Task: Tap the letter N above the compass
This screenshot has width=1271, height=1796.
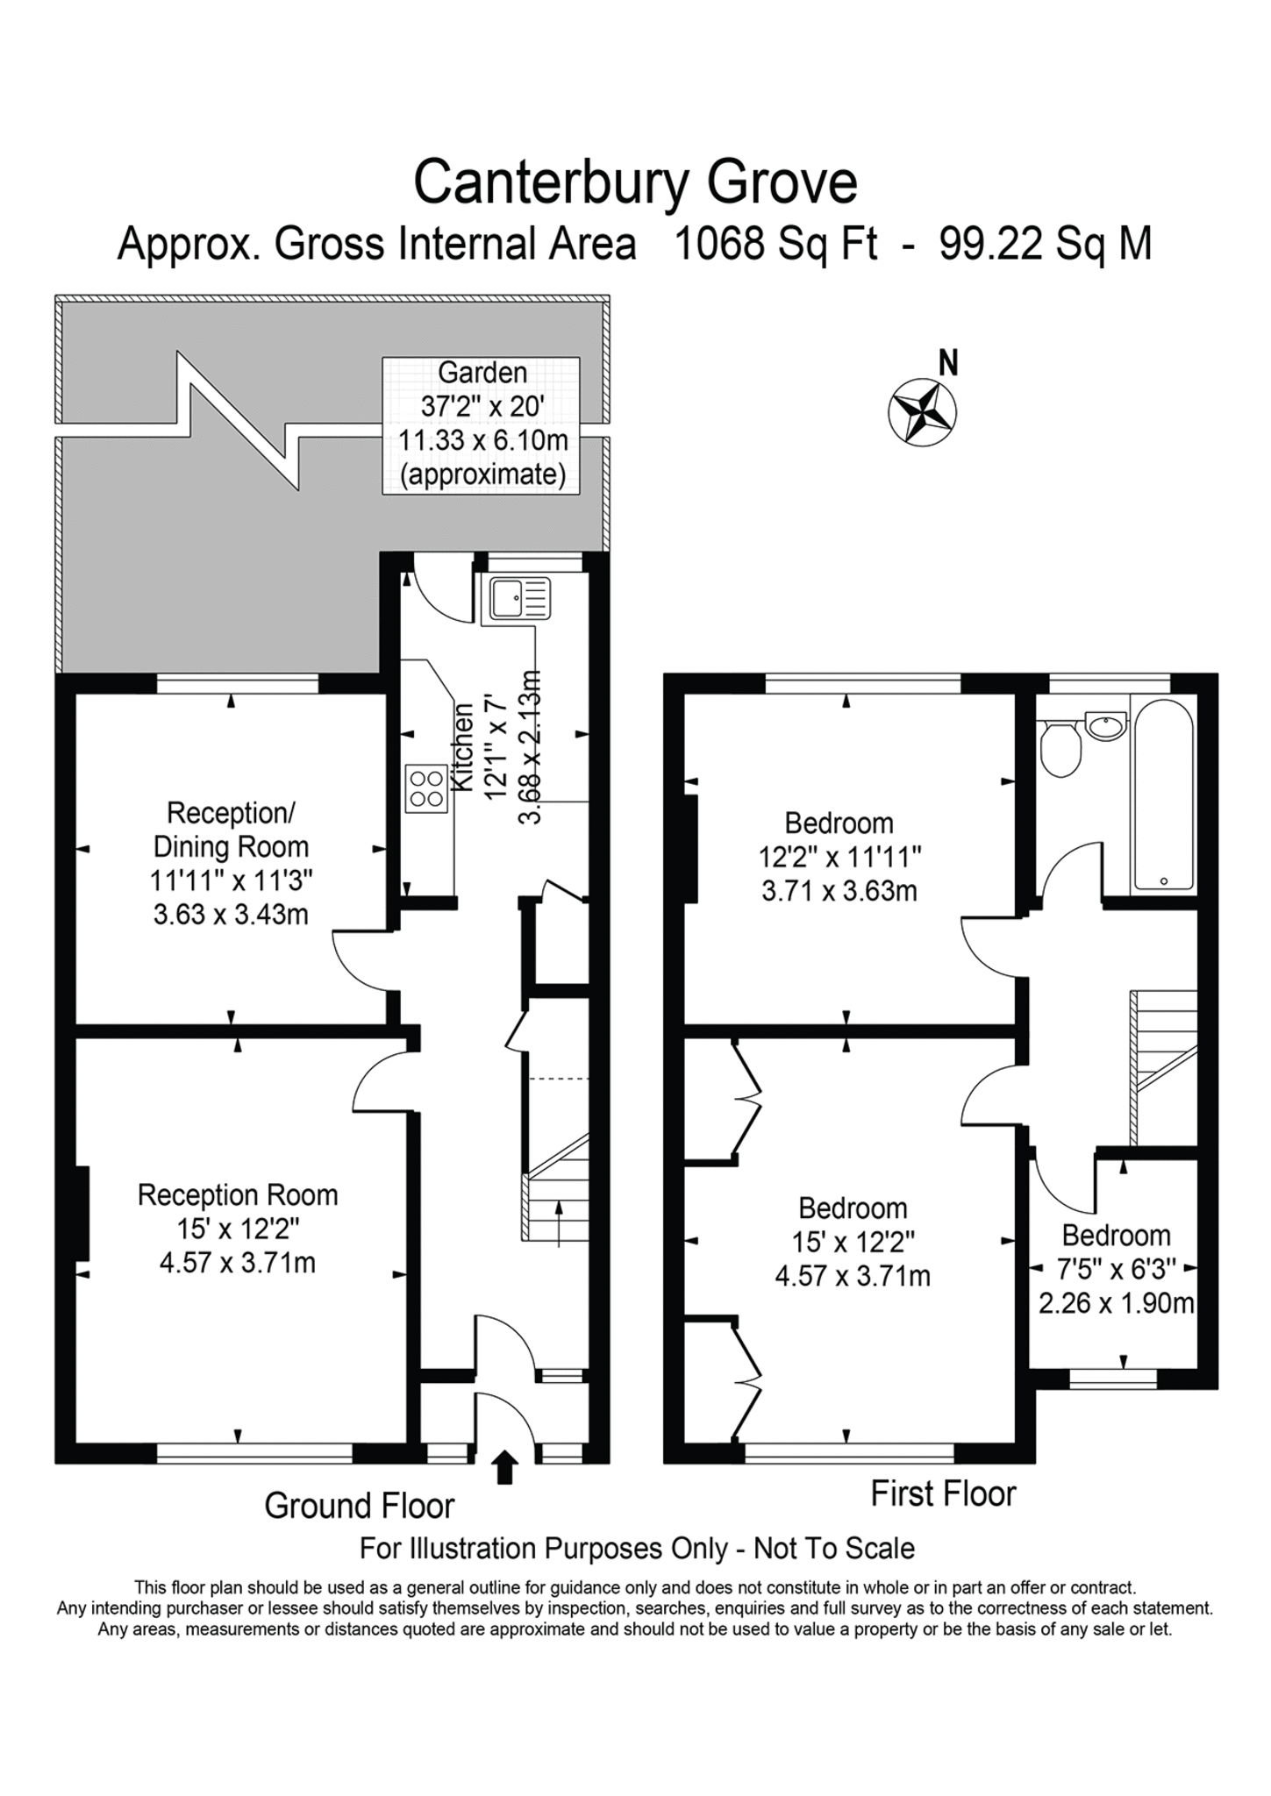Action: coord(947,362)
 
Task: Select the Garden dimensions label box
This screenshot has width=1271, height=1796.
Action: coord(481,425)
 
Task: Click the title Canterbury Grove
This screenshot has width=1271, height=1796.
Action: coord(635,182)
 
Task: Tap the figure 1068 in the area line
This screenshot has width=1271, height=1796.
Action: coord(717,244)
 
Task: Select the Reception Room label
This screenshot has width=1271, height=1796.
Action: coord(237,1195)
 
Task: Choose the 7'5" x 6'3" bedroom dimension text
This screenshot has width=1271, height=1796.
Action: coord(1117,1269)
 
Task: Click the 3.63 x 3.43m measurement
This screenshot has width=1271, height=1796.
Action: coord(231,916)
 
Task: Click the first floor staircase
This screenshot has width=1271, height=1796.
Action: coord(1164,1067)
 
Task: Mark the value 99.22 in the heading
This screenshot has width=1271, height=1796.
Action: coord(988,244)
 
